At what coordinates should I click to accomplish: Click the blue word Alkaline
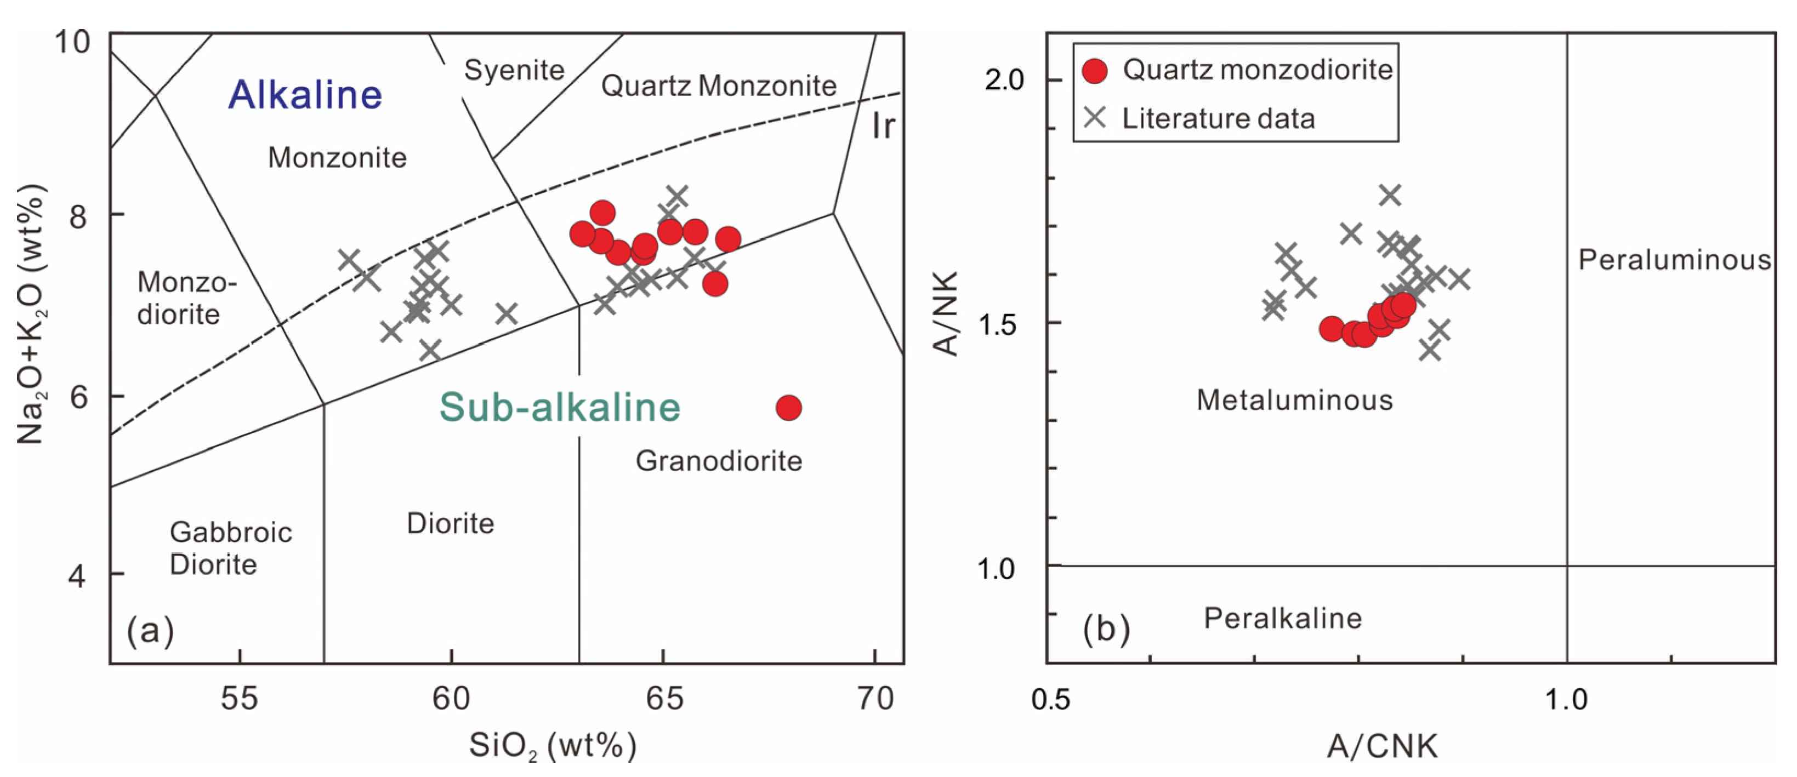pos(305,95)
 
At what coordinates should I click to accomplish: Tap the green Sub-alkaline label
pos(560,407)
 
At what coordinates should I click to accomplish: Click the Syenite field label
pos(514,71)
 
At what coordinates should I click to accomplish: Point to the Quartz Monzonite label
pos(719,86)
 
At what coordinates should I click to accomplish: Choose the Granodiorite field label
pos(719,461)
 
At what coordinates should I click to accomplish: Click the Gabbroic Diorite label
pos(230,548)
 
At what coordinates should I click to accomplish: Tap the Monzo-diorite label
pos(186,298)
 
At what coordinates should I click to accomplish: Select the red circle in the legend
pos(1095,71)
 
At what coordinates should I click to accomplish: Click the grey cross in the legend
pos(1095,117)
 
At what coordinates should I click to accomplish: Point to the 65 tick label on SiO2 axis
pos(663,698)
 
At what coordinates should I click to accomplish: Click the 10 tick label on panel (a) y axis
pos(72,43)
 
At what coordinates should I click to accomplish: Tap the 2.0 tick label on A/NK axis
pos(1004,80)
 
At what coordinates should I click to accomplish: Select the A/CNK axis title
pos(1381,746)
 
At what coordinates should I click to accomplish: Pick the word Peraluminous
pos(1674,260)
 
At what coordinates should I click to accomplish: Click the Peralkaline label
pos(1282,619)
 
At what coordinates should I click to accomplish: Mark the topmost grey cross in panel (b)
pos(1390,195)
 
